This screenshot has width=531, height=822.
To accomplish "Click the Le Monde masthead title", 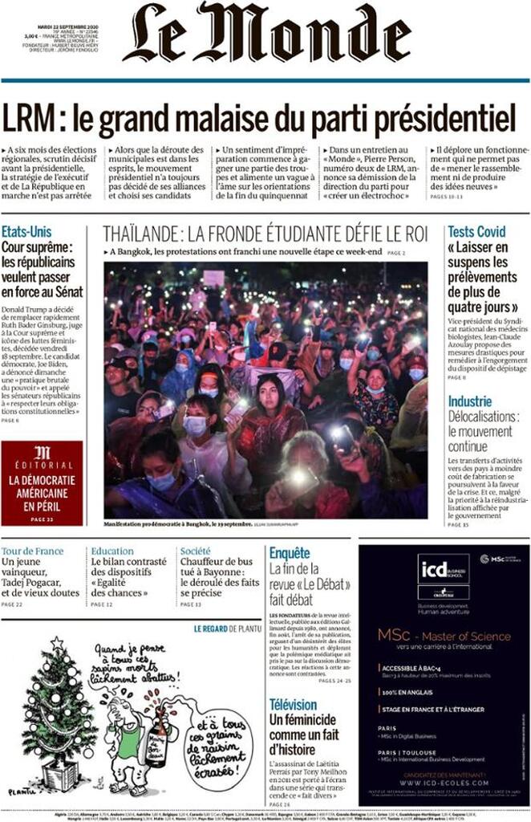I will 266,34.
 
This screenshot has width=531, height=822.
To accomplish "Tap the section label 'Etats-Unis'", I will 27,232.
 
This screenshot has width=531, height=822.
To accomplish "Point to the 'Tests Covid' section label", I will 476,232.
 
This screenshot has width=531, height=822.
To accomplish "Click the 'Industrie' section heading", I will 470,401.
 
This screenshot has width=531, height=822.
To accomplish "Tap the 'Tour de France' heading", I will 32,551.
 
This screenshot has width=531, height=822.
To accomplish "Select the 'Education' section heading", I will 112,551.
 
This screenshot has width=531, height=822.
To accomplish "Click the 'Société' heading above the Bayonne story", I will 196,551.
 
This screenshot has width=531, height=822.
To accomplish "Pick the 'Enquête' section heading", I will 290,553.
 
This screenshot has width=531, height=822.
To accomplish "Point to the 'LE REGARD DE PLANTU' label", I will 227,629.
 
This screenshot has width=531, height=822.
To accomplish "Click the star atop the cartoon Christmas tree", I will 57,643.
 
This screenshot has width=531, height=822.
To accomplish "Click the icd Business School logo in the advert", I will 443,568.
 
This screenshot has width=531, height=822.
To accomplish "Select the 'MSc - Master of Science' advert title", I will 444,637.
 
